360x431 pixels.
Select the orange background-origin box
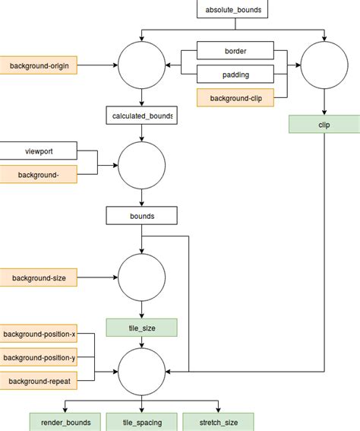click(x=39, y=66)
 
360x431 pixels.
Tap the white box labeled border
click(x=235, y=52)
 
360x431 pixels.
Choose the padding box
click(x=235, y=74)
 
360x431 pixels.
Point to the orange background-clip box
click(x=235, y=97)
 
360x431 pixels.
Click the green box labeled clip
click(x=324, y=123)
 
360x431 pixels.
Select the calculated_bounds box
click(x=141, y=116)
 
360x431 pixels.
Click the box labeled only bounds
click(x=141, y=216)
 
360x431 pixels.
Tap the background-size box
click(x=39, y=277)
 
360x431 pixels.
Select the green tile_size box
click(x=141, y=328)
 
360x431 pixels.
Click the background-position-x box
click(x=39, y=334)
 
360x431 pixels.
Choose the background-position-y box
click(x=39, y=357)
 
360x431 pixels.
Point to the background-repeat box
click(x=39, y=380)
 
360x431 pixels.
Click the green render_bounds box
click(x=65, y=422)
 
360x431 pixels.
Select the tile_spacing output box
click(x=141, y=422)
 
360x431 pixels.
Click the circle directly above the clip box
click(x=324, y=66)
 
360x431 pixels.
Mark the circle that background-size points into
click(x=141, y=277)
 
